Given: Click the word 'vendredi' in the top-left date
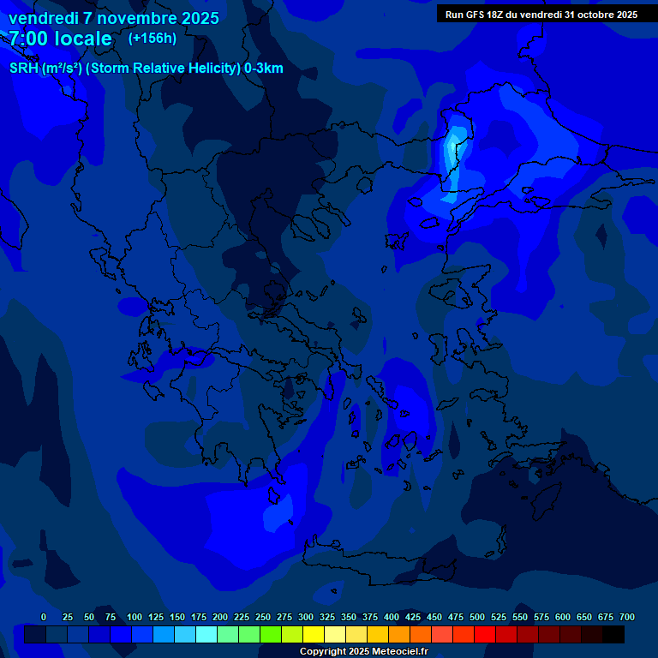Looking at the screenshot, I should click(43, 18).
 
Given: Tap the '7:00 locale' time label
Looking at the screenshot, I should click(61, 39).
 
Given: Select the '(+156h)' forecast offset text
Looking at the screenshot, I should click(152, 38).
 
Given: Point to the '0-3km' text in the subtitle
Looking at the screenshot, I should click(264, 69).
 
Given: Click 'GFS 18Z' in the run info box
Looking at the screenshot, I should click(492, 15).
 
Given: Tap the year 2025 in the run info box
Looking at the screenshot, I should click(624, 15).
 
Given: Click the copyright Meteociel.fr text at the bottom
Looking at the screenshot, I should click(365, 652).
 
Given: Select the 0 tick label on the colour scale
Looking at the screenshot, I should click(44, 617).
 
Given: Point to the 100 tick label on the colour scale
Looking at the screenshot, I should click(134, 617).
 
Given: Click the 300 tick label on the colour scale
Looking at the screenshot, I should click(306, 617).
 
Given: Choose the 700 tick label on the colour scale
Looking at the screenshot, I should click(627, 617).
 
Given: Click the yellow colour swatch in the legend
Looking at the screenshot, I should click(314, 635).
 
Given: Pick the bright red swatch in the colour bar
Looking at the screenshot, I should click(485, 635).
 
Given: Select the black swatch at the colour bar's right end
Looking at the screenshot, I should click(613, 635).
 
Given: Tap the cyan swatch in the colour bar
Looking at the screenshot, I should click(206, 635).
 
